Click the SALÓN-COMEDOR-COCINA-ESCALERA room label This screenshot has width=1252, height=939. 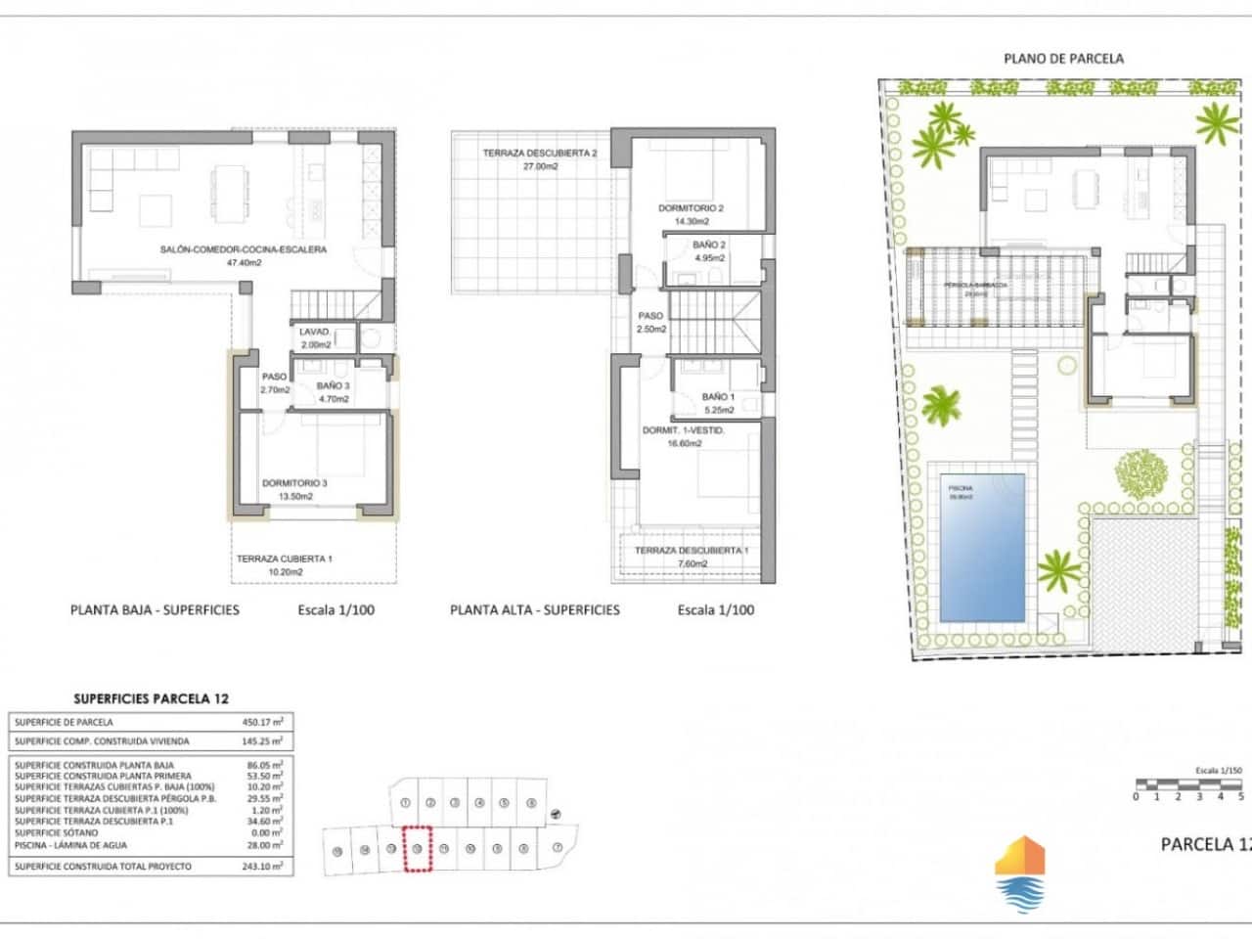tap(243, 249)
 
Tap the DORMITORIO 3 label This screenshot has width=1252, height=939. tap(294, 483)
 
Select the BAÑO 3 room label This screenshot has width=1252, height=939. tap(333, 386)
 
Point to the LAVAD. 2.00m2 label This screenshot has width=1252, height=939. tap(315, 338)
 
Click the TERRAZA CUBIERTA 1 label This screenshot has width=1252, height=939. tap(284, 559)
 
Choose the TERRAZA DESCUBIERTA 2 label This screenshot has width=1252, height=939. tap(539, 154)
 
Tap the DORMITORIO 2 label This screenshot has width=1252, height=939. tap(691, 208)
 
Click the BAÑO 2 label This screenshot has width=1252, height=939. tap(709, 246)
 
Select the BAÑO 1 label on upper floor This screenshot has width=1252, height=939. tap(718, 397)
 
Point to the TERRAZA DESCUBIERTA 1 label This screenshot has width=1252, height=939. tap(692, 551)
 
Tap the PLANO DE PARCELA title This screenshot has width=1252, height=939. tap(1063, 59)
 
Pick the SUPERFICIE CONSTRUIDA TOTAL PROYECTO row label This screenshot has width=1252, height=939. tap(103, 867)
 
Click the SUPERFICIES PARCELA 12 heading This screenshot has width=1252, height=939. tap(151, 698)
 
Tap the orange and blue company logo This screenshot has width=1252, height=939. tap(1019, 872)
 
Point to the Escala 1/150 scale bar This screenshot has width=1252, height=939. tap(1188, 784)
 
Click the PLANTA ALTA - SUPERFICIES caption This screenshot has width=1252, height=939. tap(534, 609)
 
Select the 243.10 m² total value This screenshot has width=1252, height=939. tap(262, 867)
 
